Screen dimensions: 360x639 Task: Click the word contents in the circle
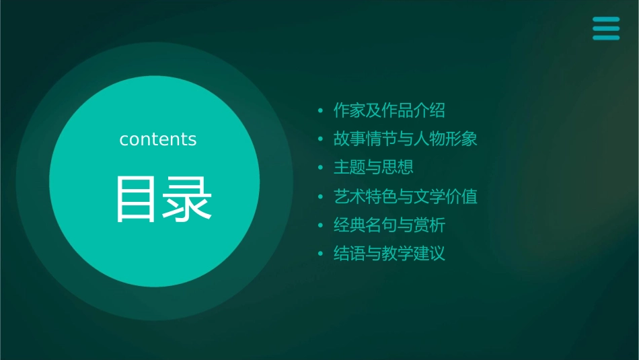click(157, 139)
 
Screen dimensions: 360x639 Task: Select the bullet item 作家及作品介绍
click(389, 110)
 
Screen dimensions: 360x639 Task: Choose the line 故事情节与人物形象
click(405, 139)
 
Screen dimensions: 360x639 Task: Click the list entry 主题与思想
click(373, 168)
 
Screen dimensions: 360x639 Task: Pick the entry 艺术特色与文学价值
click(405, 196)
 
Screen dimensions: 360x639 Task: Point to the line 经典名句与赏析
click(389, 225)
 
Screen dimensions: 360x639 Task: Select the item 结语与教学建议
click(389, 254)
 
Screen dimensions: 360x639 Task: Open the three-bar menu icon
click(605, 28)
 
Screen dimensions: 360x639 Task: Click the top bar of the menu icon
click(605, 20)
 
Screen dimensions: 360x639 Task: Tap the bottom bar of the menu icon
click(605, 37)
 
